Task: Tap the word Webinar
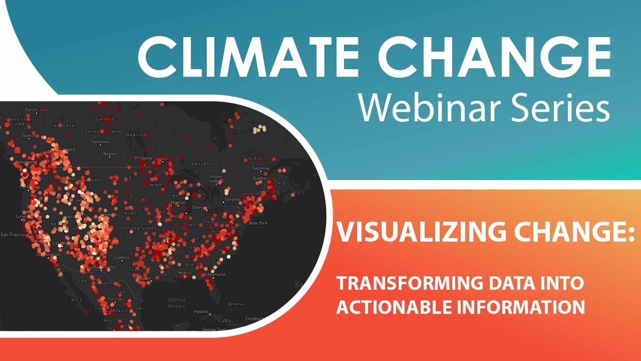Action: tap(434, 109)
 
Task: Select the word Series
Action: tap(559, 109)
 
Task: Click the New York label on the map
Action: tap(258, 223)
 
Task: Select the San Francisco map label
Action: tap(14, 234)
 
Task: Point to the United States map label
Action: tap(140, 228)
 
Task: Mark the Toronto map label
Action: tap(232, 199)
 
